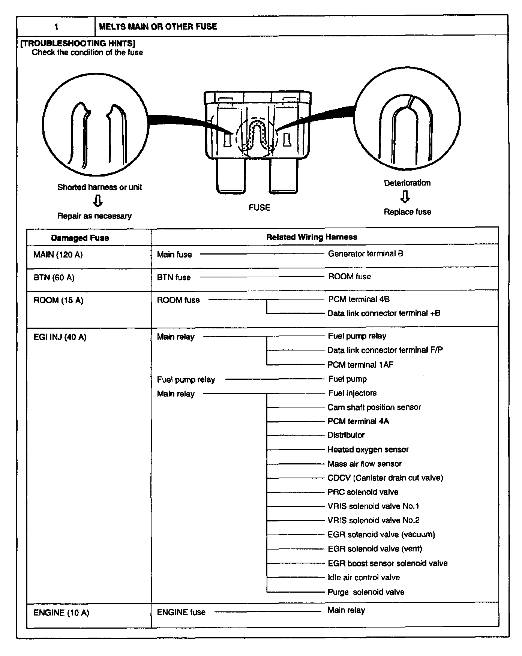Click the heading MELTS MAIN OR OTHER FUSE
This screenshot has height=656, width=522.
click(158, 27)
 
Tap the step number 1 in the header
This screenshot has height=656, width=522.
click(56, 27)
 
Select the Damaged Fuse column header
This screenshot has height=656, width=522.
click(80, 238)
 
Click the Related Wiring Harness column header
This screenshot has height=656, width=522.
click(312, 237)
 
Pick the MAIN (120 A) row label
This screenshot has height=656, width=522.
click(58, 255)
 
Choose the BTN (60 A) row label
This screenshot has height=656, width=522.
click(54, 278)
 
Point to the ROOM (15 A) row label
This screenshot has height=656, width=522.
click(58, 300)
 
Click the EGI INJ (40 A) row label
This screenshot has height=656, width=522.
click(60, 337)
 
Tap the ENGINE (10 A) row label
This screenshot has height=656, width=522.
click(61, 613)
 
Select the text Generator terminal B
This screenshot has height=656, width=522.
click(366, 254)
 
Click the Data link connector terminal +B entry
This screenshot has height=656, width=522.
click(384, 313)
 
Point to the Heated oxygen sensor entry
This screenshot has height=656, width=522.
click(368, 449)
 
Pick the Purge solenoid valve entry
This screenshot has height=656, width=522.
click(366, 592)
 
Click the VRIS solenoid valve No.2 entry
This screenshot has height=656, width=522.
click(373, 520)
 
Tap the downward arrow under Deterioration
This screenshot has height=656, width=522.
click(405, 197)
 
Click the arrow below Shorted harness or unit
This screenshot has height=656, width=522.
click(97, 202)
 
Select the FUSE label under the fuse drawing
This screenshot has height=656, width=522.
click(259, 208)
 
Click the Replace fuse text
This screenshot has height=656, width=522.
click(407, 212)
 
